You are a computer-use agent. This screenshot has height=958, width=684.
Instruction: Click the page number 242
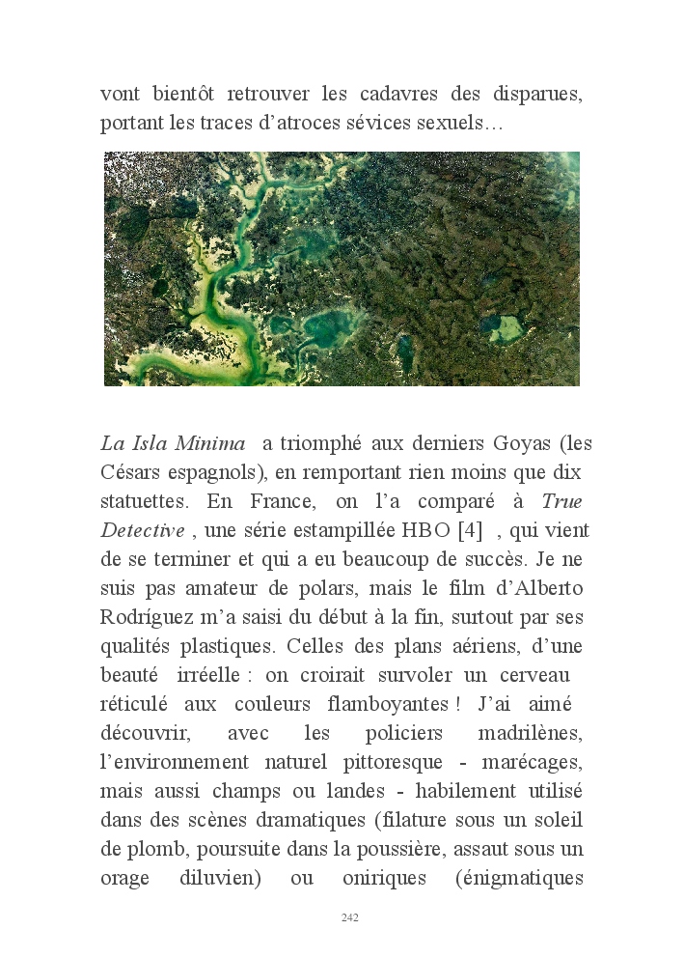point(349,917)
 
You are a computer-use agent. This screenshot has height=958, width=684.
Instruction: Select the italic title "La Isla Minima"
point(173,444)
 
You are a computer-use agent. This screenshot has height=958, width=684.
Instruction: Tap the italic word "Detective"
point(142,531)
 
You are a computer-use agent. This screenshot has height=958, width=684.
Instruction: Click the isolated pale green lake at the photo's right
point(513,330)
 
